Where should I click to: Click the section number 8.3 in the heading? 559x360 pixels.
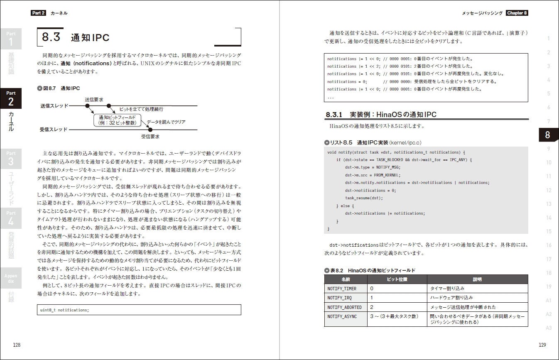(51, 37)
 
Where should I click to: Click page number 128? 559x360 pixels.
(17, 345)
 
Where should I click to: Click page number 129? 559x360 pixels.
(542, 345)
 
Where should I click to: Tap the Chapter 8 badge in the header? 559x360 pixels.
(517, 13)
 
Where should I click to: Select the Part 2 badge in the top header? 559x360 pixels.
(39, 13)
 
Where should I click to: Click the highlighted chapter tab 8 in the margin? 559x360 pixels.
(547, 135)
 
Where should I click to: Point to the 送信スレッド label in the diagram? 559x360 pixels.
(54, 106)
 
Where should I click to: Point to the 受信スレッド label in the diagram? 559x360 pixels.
(54, 130)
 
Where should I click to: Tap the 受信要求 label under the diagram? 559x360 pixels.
(150, 136)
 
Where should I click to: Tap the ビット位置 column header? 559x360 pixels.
(397, 279)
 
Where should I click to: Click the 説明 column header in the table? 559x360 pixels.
(477, 279)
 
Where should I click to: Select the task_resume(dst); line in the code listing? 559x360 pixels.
(364, 198)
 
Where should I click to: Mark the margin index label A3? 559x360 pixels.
(549, 328)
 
